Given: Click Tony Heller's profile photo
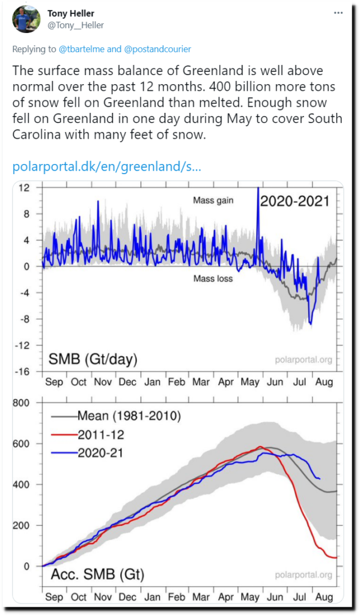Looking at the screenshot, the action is pos(27,19).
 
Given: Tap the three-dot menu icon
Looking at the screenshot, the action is pos(338,13).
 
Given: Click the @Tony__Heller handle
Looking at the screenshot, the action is pos(76,26).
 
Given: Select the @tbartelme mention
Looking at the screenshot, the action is pos(82,49).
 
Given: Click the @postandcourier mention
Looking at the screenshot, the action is pos(158,49).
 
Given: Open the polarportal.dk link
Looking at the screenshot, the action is pos(107,167).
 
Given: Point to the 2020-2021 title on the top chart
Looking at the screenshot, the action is pos(295,201).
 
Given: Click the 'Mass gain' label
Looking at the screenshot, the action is pos(213,201).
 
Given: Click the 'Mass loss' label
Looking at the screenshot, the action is pos(213,279).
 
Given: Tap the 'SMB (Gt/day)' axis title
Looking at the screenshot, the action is pos(93,359).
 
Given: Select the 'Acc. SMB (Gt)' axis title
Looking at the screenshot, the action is pos(97,574).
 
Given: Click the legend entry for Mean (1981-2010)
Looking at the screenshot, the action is pos(116,416).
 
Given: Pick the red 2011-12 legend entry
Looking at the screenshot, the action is pos(88,435).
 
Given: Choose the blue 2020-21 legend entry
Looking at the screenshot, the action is pos(88,453).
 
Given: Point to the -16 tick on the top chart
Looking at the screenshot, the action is pos(23,371).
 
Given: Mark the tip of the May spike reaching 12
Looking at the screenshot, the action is pos(258,188).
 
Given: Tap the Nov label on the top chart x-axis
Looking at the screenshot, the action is pos(102,382).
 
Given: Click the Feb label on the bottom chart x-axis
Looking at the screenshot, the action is pos(176,598).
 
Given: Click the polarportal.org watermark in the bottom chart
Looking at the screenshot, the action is pos(304,575).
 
